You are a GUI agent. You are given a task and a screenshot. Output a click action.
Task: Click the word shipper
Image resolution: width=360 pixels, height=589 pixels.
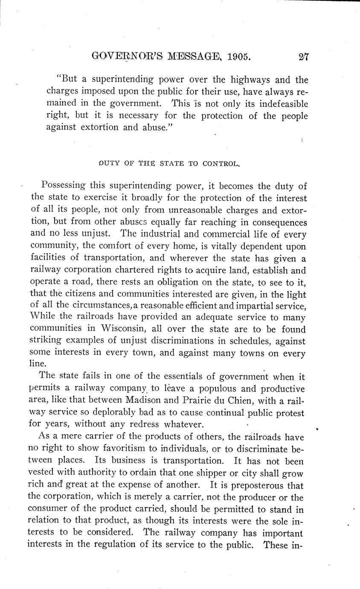(237, 473)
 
